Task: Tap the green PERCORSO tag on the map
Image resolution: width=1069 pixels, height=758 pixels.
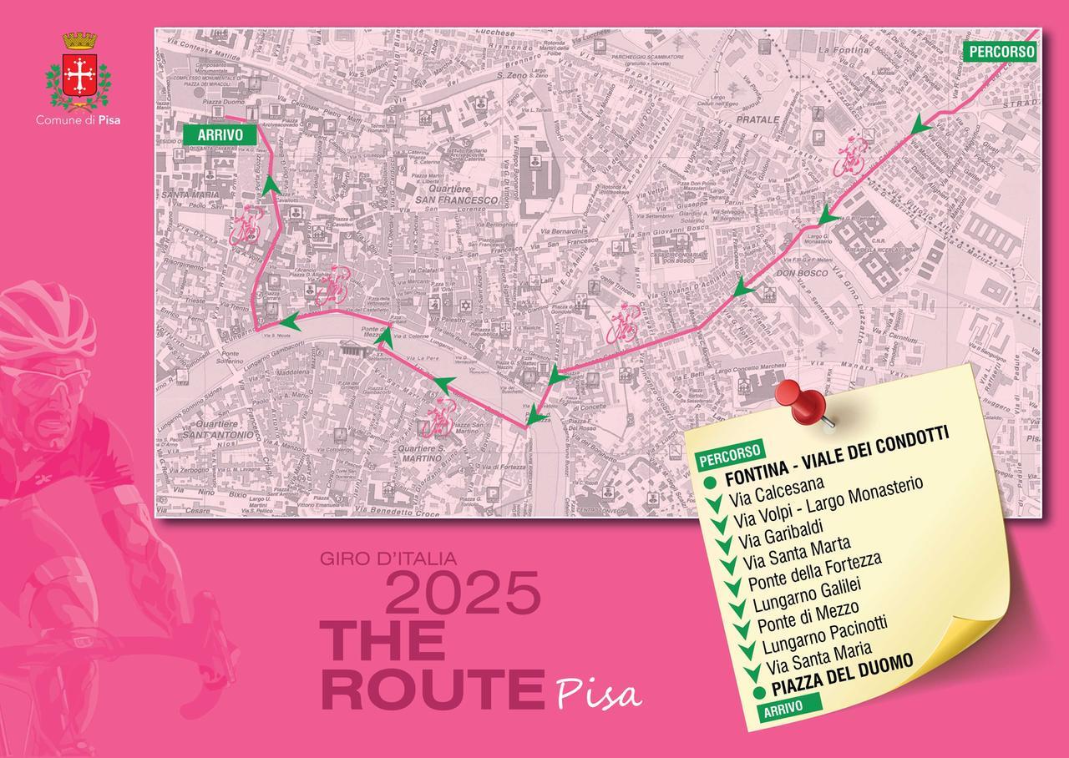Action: pos(1001,51)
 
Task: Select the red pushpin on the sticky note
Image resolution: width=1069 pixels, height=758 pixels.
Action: pos(799,402)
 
